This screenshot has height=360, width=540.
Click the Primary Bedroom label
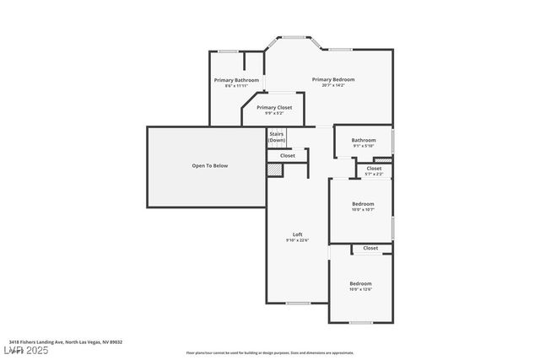333,79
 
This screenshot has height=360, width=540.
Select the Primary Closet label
274,107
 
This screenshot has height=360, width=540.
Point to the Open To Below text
209,166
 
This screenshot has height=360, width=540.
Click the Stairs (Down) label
277,137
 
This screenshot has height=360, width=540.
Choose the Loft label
297,234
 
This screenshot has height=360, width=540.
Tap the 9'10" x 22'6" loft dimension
297,241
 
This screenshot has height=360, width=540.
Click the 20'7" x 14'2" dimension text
333,86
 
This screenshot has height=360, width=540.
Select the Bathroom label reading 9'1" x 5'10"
364,141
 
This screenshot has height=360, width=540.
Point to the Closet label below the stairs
288,156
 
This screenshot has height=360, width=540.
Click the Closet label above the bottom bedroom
370,249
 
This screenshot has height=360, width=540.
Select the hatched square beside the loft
274,170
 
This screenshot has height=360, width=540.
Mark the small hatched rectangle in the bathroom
383,160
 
